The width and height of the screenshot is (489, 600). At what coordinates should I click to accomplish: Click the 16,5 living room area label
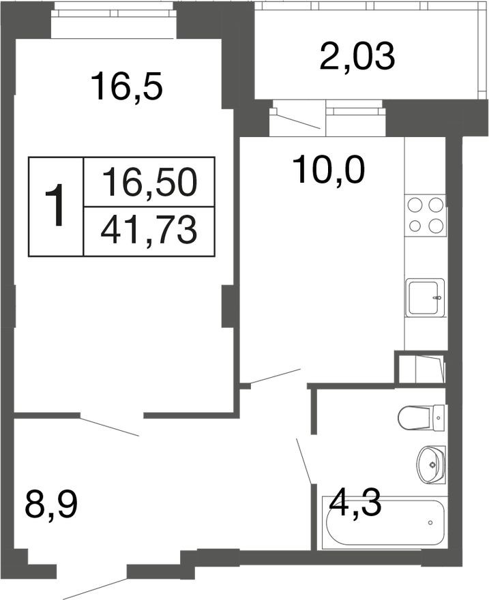pyautogui.click(x=127, y=87)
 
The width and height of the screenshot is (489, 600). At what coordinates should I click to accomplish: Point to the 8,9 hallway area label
pyautogui.click(x=51, y=506)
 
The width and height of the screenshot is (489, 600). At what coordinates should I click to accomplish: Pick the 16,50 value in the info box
pyautogui.click(x=149, y=182)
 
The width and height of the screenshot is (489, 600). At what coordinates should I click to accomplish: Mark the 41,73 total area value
pyautogui.click(x=149, y=231)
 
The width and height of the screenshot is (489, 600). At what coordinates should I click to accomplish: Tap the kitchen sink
pyautogui.click(x=426, y=297)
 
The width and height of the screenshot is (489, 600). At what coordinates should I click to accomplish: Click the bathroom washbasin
pyautogui.click(x=430, y=464)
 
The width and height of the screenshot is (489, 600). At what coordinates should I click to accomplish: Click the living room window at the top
pyautogui.click(x=114, y=12)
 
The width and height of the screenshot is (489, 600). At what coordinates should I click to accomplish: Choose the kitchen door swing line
pyautogui.click(x=273, y=376)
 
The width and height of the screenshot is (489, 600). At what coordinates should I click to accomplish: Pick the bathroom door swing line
pyautogui.click(x=303, y=461)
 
